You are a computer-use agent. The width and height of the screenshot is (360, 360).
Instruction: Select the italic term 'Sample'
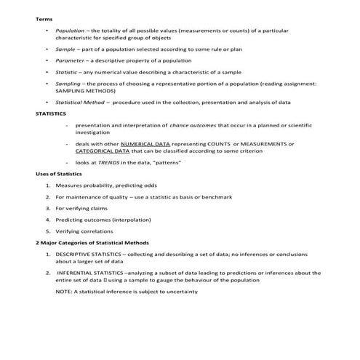click(65, 48)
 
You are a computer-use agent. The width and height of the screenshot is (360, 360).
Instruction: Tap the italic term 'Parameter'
click(70, 60)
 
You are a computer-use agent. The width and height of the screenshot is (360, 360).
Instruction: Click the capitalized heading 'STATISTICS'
click(51, 114)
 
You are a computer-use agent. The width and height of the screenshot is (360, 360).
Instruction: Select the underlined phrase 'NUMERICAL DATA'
click(148, 144)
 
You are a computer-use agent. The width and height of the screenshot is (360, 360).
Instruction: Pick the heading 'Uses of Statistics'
click(59, 175)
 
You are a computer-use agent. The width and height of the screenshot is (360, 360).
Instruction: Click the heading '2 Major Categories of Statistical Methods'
click(92, 242)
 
